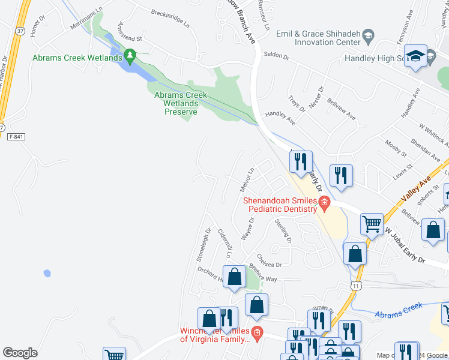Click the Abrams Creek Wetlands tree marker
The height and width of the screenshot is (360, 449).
tap(129, 56)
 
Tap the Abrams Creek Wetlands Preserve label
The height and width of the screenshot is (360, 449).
tap(181, 103)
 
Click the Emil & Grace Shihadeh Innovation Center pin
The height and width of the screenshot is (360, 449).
tap(367, 40)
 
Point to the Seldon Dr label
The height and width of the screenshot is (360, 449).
tap(277, 58)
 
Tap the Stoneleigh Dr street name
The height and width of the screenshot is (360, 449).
tap(203, 240)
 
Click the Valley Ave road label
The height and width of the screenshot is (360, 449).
tap(417, 190)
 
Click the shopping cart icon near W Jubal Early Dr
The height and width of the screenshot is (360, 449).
tap(372, 224)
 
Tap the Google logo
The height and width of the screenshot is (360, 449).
tap(20, 353)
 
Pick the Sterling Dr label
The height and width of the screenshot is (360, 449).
tap(283, 232)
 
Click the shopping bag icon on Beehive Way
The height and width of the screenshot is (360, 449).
tap(235, 276)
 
